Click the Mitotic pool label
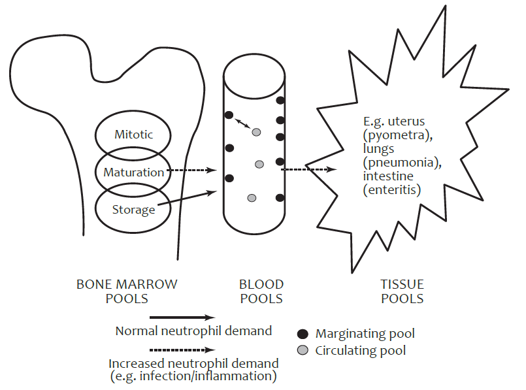[x=133, y=135]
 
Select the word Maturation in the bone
[x=133, y=172]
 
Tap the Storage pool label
[x=133, y=210]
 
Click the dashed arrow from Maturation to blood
[x=192, y=171]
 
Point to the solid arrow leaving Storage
[x=187, y=198]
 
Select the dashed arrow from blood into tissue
[x=308, y=169]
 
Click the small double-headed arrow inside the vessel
[x=242, y=123]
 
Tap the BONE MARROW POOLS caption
[x=127, y=291]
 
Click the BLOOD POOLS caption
[x=261, y=291]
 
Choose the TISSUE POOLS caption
[x=403, y=291]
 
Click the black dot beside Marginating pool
[x=303, y=334]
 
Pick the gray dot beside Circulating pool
[x=303, y=350]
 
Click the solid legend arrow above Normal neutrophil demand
[x=182, y=317]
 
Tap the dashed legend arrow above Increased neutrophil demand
[x=182, y=350]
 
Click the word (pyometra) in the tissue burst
[x=398, y=135]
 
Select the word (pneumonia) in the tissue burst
[x=403, y=163]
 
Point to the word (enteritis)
[x=392, y=190]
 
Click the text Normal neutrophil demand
[x=193, y=331]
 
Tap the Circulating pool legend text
[x=360, y=351]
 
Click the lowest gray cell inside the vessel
[x=252, y=198]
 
